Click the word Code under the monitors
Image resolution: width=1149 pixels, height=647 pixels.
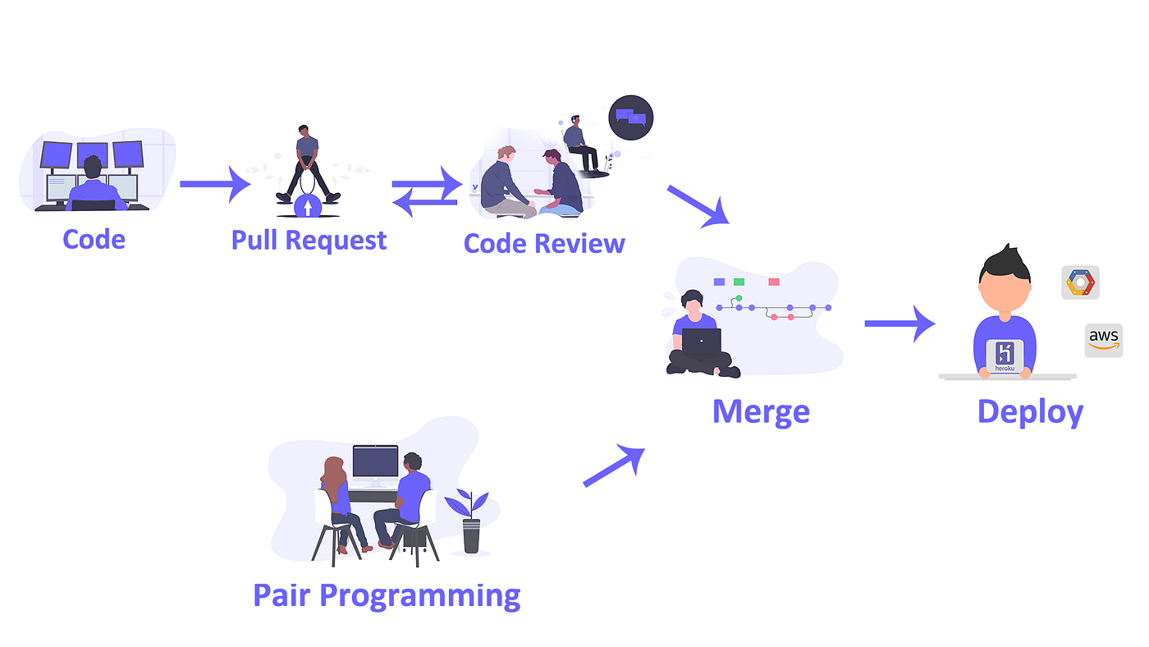pos(94,240)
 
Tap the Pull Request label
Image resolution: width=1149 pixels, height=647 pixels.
pos(309,241)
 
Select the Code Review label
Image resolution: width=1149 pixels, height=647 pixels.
pos(544,243)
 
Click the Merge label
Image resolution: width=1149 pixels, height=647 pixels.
pos(761,411)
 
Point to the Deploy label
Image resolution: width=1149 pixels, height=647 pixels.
pos(1030,411)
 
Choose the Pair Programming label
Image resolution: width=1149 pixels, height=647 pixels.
pos(387,594)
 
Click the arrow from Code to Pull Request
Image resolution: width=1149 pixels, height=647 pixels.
pos(215,184)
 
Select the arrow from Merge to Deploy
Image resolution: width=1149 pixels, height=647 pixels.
pos(900,323)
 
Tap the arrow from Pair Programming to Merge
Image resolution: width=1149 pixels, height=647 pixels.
pos(614,466)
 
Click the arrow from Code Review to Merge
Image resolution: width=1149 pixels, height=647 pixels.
pos(698,205)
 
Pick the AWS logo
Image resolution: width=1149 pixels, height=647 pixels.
pos(1104,340)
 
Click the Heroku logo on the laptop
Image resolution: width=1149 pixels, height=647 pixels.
pos(1005,356)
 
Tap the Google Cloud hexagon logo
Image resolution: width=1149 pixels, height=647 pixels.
pos(1080,282)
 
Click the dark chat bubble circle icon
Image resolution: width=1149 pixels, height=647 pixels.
pos(630,118)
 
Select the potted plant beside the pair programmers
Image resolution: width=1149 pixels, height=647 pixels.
pos(469,521)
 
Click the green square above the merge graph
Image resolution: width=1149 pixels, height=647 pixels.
pos(739,282)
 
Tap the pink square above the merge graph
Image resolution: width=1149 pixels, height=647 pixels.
pos(773,282)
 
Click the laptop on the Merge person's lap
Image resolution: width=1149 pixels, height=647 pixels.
pos(701,341)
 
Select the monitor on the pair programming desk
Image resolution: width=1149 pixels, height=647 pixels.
pos(375,461)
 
